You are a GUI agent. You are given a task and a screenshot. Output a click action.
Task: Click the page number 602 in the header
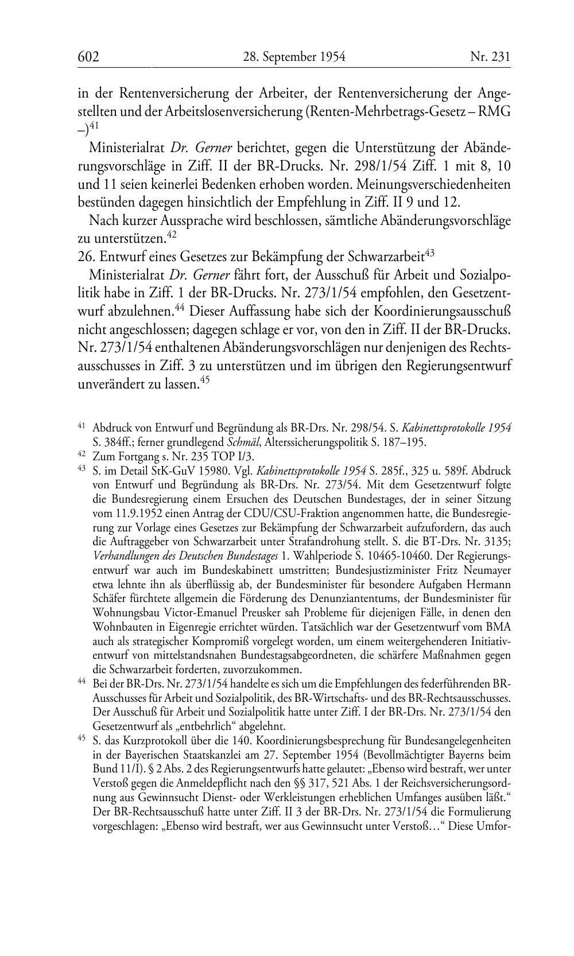[x=88, y=56]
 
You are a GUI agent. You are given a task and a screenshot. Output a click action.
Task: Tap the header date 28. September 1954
[x=290, y=56]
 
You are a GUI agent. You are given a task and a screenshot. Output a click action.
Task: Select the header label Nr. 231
[x=490, y=56]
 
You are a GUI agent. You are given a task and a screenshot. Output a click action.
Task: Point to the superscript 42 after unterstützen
[x=171, y=234]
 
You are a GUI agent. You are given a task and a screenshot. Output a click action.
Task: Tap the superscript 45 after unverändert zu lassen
[x=202, y=379]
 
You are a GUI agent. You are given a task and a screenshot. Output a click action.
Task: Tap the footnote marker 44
[x=81, y=681]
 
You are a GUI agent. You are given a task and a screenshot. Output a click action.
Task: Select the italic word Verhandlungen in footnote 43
[x=122, y=556]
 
